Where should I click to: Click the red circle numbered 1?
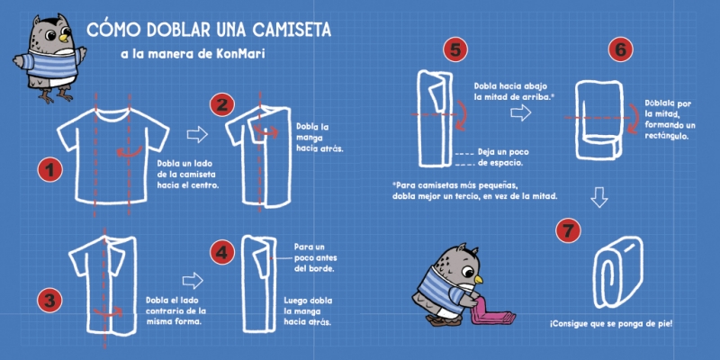coord(49,170)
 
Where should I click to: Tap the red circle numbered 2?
coord(222,104)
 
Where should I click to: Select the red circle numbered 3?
coord(49,300)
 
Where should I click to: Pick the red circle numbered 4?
coord(222,253)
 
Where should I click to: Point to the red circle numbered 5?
coord(455,50)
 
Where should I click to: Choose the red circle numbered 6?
coord(620,50)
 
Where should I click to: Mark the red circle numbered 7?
coord(568,230)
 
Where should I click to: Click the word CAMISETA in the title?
coord(292,31)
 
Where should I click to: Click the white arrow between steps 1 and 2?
coord(197,134)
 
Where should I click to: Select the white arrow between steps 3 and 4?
coord(193,280)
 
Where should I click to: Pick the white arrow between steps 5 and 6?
coord(521,112)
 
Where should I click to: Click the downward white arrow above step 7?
coord(599,197)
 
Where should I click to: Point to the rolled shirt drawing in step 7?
coord(617,272)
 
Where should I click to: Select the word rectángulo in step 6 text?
coord(666,137)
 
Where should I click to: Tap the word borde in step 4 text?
coord(321,268)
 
